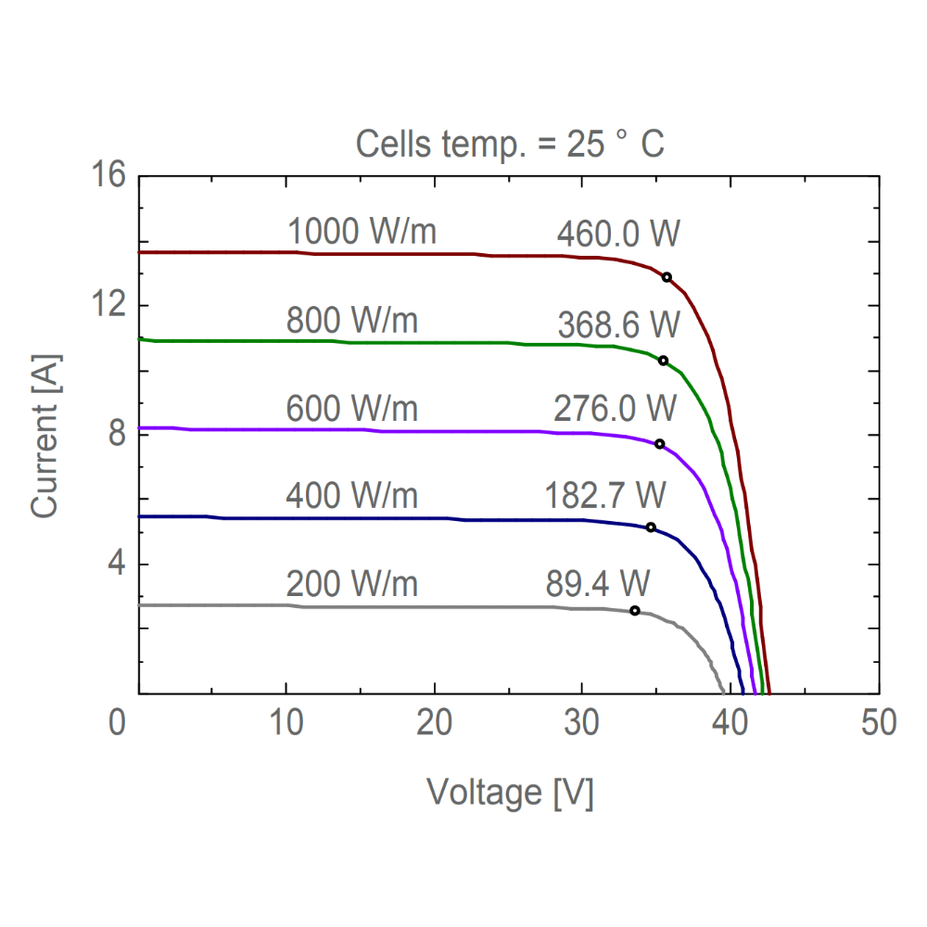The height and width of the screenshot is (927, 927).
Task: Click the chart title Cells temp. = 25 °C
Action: (x=510, y=145)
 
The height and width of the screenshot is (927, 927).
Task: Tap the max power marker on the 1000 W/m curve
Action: (x=667, y=277)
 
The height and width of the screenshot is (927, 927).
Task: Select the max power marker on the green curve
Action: (x=663, y=361)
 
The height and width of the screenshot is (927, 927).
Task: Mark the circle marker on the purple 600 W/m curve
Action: (x=660, y=444)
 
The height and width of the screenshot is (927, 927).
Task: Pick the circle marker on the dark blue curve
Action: (x=651, y=527)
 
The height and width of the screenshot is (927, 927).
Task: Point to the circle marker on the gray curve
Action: (x=635, y=611)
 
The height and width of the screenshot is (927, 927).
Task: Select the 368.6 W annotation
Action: (x=619, y=325)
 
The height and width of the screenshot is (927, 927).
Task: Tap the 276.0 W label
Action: (x=616, y=409)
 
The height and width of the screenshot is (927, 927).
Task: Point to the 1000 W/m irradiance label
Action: (x=362, y=232)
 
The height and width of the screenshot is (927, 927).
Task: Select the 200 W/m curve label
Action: (x=352, y=585)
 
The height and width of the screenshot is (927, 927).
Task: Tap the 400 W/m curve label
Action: (x=352, y=497)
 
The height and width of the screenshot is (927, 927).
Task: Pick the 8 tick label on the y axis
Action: (x=116, y=434)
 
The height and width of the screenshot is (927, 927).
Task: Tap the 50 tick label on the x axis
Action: (x=878, y=722)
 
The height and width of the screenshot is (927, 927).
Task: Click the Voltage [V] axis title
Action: (x=510, y=793)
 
